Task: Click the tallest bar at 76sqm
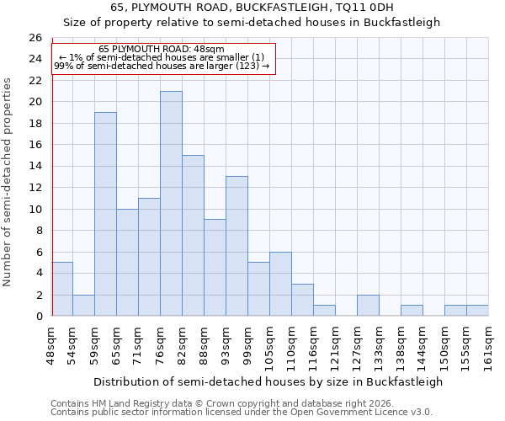pos(171,204)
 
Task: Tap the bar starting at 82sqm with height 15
pos(193,236)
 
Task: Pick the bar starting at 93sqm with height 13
pos(237,246)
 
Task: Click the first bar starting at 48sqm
pos(62,289)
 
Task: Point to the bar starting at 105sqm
pos(280,284)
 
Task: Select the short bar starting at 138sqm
pos(412,311)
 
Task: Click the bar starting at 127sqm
pos(368,306)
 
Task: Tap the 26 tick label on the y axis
pos(35,38)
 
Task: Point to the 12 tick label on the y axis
pos(35,188)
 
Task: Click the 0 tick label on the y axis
pos(38,317)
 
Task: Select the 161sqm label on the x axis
pos(488,346)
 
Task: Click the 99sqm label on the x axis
pos(247,344)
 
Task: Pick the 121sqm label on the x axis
pos(335,346)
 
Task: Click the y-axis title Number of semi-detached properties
pos(8,181)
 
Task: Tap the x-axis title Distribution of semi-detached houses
pos(268,381)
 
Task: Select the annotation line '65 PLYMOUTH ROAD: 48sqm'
pos(162,50)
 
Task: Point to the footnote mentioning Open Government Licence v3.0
pos(242,412)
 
